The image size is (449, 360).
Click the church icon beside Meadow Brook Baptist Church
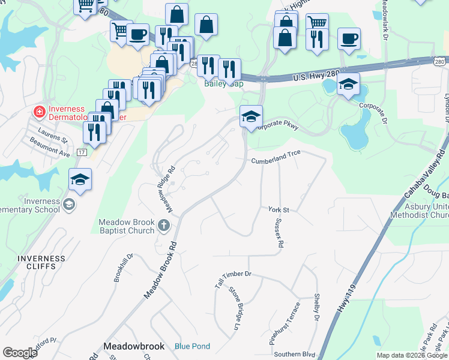(164, 226)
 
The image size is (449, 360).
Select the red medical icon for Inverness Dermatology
(38, 112)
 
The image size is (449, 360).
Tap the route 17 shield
(82, 153)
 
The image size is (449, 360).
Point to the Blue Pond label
(192, 346)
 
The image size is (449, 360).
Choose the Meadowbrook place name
(133, 346)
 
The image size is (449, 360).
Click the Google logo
(20, 353)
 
